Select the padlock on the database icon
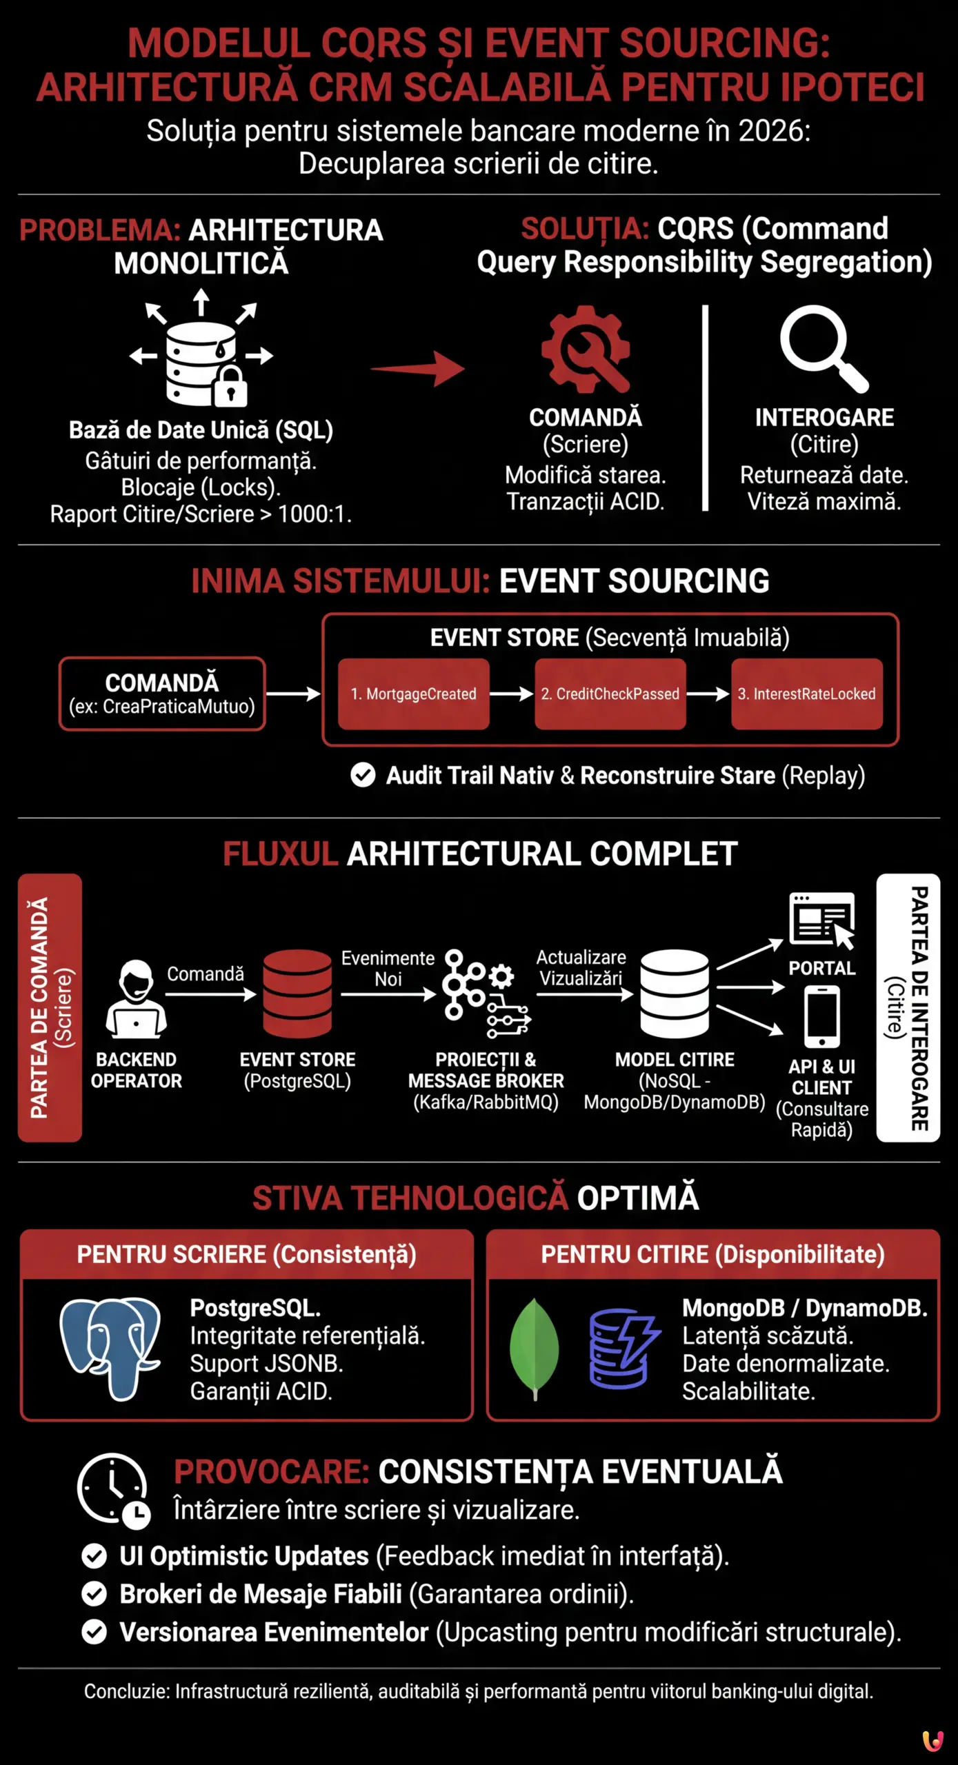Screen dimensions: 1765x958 pos(230,387)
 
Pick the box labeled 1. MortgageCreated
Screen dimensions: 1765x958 pos(413,694)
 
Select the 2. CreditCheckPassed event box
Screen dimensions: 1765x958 pos(610,694)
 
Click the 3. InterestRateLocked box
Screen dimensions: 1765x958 pos(806,694)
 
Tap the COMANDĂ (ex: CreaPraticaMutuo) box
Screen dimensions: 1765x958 pos(162,694)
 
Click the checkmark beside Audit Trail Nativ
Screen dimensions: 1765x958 pos(363,775)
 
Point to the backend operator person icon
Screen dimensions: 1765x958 pos(137,1000)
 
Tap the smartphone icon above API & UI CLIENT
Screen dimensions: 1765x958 pos(821,1016)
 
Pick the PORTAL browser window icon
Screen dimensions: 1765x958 pos(821,920)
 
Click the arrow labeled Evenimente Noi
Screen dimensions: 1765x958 pos(388,994)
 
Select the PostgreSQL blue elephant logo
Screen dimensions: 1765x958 pos(111,1347)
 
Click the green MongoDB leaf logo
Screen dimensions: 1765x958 pos(534,1347)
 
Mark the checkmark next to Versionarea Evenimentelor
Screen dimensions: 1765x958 pos(94,1632)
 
